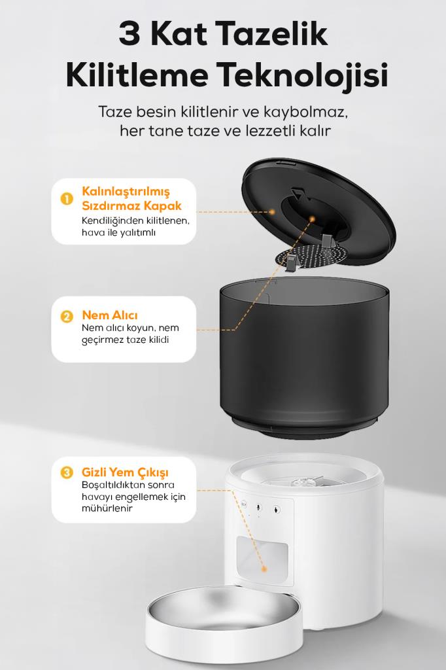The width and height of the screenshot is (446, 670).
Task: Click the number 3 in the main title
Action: tap(130, 34)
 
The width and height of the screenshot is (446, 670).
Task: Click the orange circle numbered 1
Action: tap(67, 199)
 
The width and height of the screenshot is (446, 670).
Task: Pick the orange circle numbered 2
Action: tap(67, 317)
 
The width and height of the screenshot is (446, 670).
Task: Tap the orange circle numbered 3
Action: tap(67, 472)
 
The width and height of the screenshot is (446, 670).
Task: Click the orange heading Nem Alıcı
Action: tap(110, 315)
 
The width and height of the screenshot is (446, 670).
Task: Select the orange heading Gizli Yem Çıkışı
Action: tap(125, 472)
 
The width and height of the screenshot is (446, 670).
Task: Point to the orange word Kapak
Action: tap(163, 205)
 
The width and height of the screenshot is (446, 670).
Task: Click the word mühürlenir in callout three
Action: tap(107, 508)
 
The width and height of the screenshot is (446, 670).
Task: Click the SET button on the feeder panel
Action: tap(243, 504)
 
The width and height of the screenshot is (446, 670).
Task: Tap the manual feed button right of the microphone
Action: tap(277, 509)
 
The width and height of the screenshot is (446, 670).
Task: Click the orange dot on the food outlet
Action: tap(264, 569)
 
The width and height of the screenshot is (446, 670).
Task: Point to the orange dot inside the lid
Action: tap(312, 219)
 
